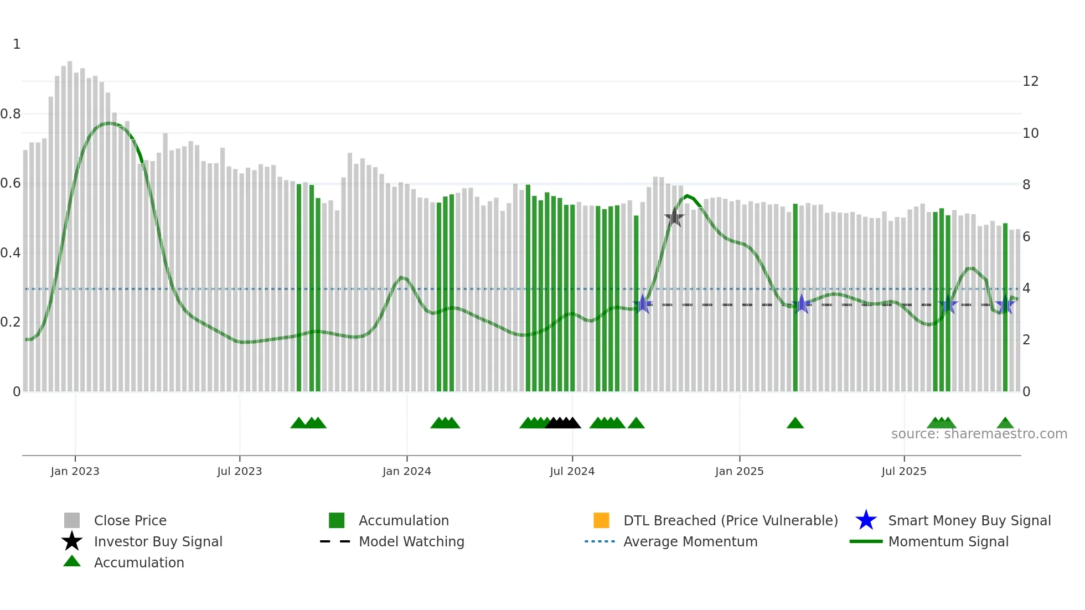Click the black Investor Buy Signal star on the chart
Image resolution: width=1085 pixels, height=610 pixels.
pos(674,218)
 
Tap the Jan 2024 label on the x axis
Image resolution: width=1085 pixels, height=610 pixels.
pos(406,471)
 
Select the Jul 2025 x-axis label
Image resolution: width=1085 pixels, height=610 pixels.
pos(903,471)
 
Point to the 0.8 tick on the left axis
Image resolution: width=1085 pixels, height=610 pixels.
pos(11,114)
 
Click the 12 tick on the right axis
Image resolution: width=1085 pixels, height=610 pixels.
pos(1030,81)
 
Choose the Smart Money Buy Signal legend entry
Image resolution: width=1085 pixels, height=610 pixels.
pos(969,520)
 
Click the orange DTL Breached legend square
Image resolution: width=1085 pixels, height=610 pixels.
pos(601,520)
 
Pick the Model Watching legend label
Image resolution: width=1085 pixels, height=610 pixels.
pos(411,541)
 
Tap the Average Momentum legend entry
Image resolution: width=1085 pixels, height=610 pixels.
pos(690,541)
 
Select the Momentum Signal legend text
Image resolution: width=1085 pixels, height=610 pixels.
pos(948,541)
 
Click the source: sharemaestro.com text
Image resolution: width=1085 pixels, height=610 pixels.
pos(979,434)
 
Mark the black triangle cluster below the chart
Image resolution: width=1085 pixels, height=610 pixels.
pos(563,423)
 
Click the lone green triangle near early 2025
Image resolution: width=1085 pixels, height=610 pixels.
pos(795,423)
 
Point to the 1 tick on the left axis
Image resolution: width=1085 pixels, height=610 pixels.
pos(17,44)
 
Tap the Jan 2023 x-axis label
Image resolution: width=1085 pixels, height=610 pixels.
pos(75,471)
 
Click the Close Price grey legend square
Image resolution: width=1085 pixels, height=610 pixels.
pos(72,520)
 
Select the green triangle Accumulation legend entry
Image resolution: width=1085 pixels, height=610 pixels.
pos(138,562)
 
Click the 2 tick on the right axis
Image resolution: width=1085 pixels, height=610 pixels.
pos(1026,340)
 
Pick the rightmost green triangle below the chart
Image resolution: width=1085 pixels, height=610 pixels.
pos(1005,423)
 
